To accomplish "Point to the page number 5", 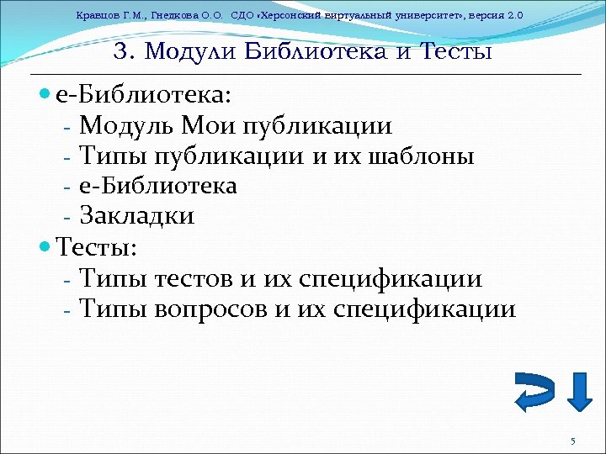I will coord(572,441).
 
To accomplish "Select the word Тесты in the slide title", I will coord(455,51).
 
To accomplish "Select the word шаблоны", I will coord(422,156).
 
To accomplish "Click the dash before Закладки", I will coord(66,217).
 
